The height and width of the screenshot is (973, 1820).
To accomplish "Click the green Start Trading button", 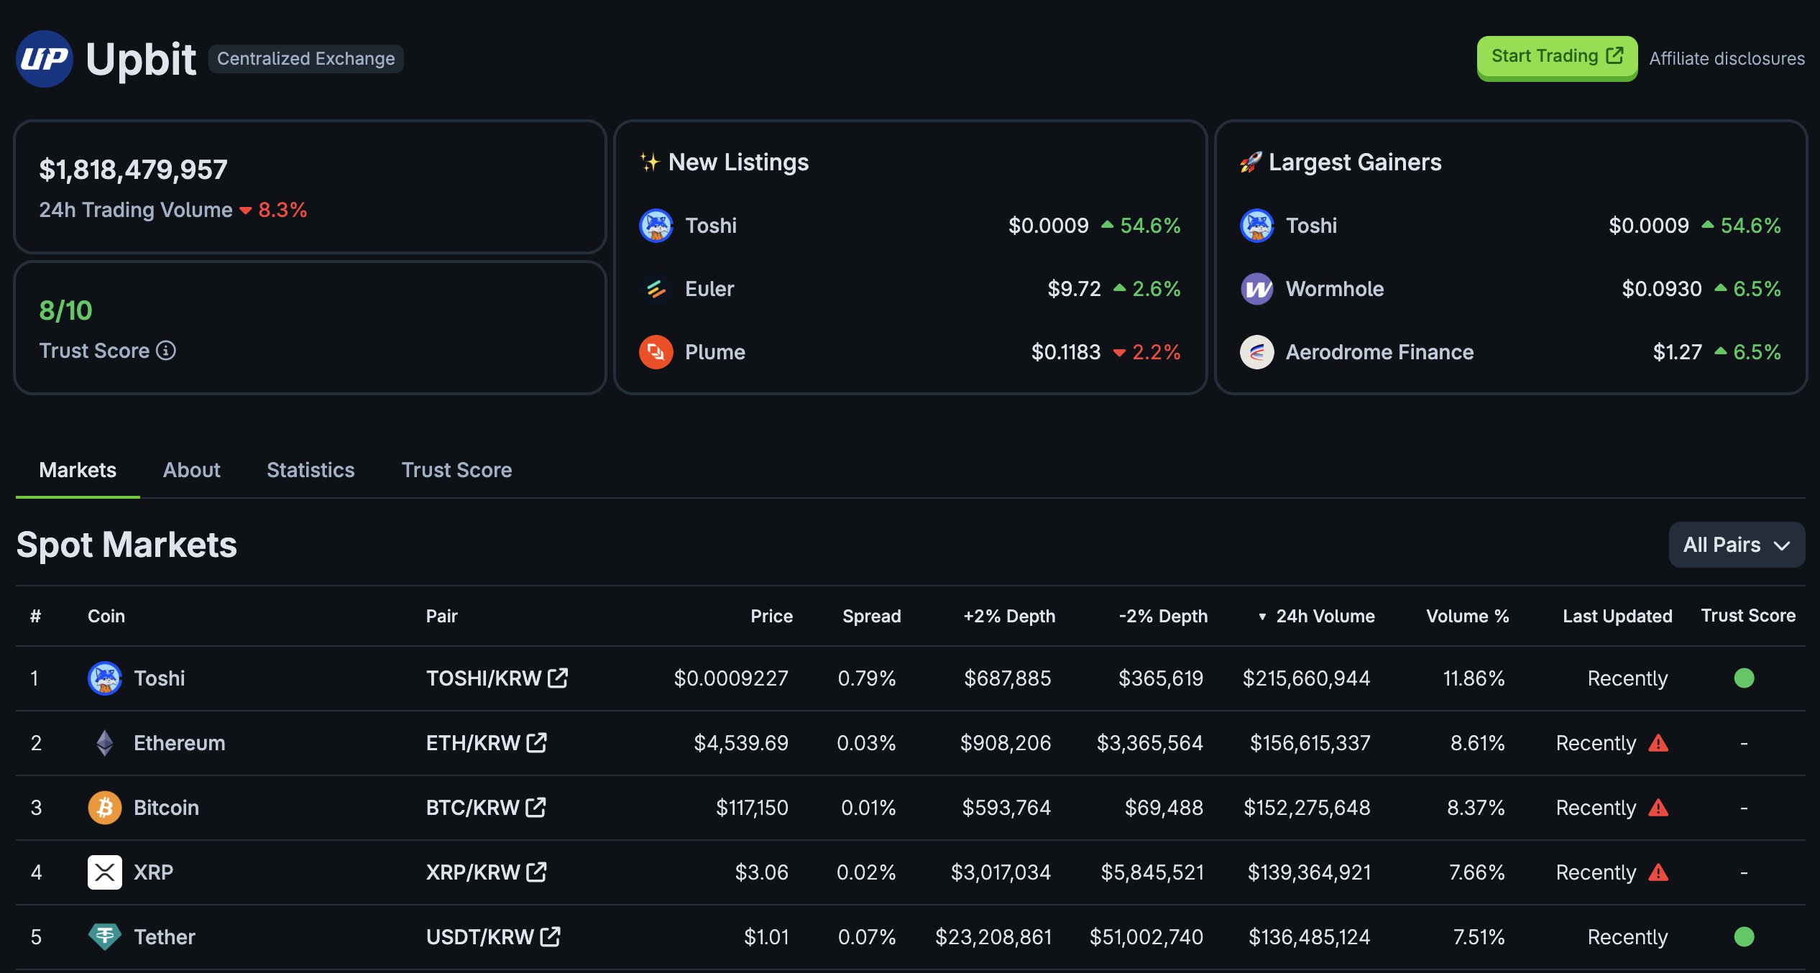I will pyautogui.click(x=1556, y=57).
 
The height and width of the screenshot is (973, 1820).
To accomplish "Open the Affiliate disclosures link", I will pyautogui.click(x=1727, y=58).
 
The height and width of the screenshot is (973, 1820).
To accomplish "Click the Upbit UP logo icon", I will pyautogui.click(x=45, y=59).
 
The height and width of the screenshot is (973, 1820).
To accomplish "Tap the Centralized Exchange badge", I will pyautogui.click(x=305, y=58).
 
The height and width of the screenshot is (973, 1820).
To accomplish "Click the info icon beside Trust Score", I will pyautogui.click(x=166, y=351).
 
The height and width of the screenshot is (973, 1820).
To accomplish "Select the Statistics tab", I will pyautogui.click(x=311, y=470).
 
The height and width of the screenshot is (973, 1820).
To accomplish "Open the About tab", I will pyautogui.click(x=191, y=470).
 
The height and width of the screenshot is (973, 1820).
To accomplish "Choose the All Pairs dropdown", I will pyautogui.click(x=1736, y=545).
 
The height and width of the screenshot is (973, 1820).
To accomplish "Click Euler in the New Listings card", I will pyautogui.click(x=709, y=289).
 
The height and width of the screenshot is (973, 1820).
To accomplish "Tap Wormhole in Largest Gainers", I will pyautogui.click(x=1334, y=289).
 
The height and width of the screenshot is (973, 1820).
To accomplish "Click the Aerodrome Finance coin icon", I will pyautogui.click(x=1256, y=352).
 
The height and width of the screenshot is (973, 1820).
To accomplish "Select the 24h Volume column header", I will pyautogui.click(x=1324, y=616).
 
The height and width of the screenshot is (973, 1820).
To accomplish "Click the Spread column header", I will pyautogui.click(x=871, y=616).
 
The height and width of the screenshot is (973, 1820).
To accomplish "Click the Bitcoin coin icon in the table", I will pyautogui.click(x=105, y=808).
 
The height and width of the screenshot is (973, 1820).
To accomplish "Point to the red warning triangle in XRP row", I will pyautogui.click(x=1658, y=872).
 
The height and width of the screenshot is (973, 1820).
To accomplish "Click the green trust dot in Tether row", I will pyautogui.click(x=1744, y=937).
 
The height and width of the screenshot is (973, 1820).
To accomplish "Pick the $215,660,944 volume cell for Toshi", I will pyautogui.click(x=1306, y=678).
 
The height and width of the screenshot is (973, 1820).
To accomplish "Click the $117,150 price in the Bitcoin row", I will pyautogui.click(x=751, y=808).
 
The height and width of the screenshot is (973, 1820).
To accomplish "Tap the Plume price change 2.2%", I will pyautogui.click(x=1155, y=352).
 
